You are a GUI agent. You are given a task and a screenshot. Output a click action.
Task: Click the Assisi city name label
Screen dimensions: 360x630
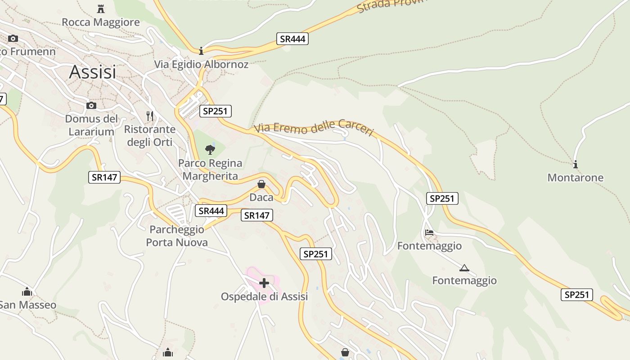pyautogui.click(x=92, y=72)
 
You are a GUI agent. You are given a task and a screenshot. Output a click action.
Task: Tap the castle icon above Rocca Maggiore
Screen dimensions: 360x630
pyautogui.click(x=101, y=9)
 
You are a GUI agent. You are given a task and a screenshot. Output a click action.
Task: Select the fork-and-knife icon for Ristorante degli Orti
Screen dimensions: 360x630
pyautogui.click(x=150, y=116)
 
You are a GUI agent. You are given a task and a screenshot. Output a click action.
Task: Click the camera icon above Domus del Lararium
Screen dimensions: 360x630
pyautogui.click(x=91, y=105)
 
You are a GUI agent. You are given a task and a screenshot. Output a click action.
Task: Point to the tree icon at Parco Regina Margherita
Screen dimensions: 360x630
pyautogui.click(x=210, y=150)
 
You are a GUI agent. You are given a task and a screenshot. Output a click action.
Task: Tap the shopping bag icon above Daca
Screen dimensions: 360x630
pyautogui.click(x=261, y=184)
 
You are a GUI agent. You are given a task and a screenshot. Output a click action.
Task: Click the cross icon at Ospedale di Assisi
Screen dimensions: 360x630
pyautogui.click(x=264, y=283)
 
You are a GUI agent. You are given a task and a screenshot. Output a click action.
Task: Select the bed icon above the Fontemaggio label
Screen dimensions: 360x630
pyautogui.click(x=429, y=233)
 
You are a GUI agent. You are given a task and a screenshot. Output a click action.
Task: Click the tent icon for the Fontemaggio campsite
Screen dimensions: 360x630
pyautogui.click(x=464, y=268)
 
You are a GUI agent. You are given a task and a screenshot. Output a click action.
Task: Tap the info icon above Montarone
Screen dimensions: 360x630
pyautogui.click(x=576, y=164)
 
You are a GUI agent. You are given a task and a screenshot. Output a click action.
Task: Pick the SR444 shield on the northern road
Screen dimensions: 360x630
pyautogui.click(x=292, y=39)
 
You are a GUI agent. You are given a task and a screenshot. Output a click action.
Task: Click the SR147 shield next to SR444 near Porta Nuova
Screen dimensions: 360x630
pyautogui.click(x=257, y=216)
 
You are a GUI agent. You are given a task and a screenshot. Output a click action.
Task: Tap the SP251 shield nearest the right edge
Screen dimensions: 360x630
pyautogui.click(x=576, y=295)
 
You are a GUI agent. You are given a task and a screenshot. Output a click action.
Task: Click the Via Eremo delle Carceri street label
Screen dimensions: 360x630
pyautogui.click(x=314, y=128)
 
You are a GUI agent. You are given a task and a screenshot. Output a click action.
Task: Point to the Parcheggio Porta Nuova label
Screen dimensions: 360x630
pyautogui.click(x=177, y=236)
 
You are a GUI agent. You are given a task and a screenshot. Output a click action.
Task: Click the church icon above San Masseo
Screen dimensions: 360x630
pyautogui.click(x=27, y=292)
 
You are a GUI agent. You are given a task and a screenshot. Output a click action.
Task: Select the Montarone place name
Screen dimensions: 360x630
pyautogui.click(x=575, y=178)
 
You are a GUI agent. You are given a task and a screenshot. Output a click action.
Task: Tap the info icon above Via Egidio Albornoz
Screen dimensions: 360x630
pyautogui.click(x=201, y=51)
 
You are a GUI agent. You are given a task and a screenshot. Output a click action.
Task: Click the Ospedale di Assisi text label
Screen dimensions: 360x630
pyautogui.click(x=264, y=297)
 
